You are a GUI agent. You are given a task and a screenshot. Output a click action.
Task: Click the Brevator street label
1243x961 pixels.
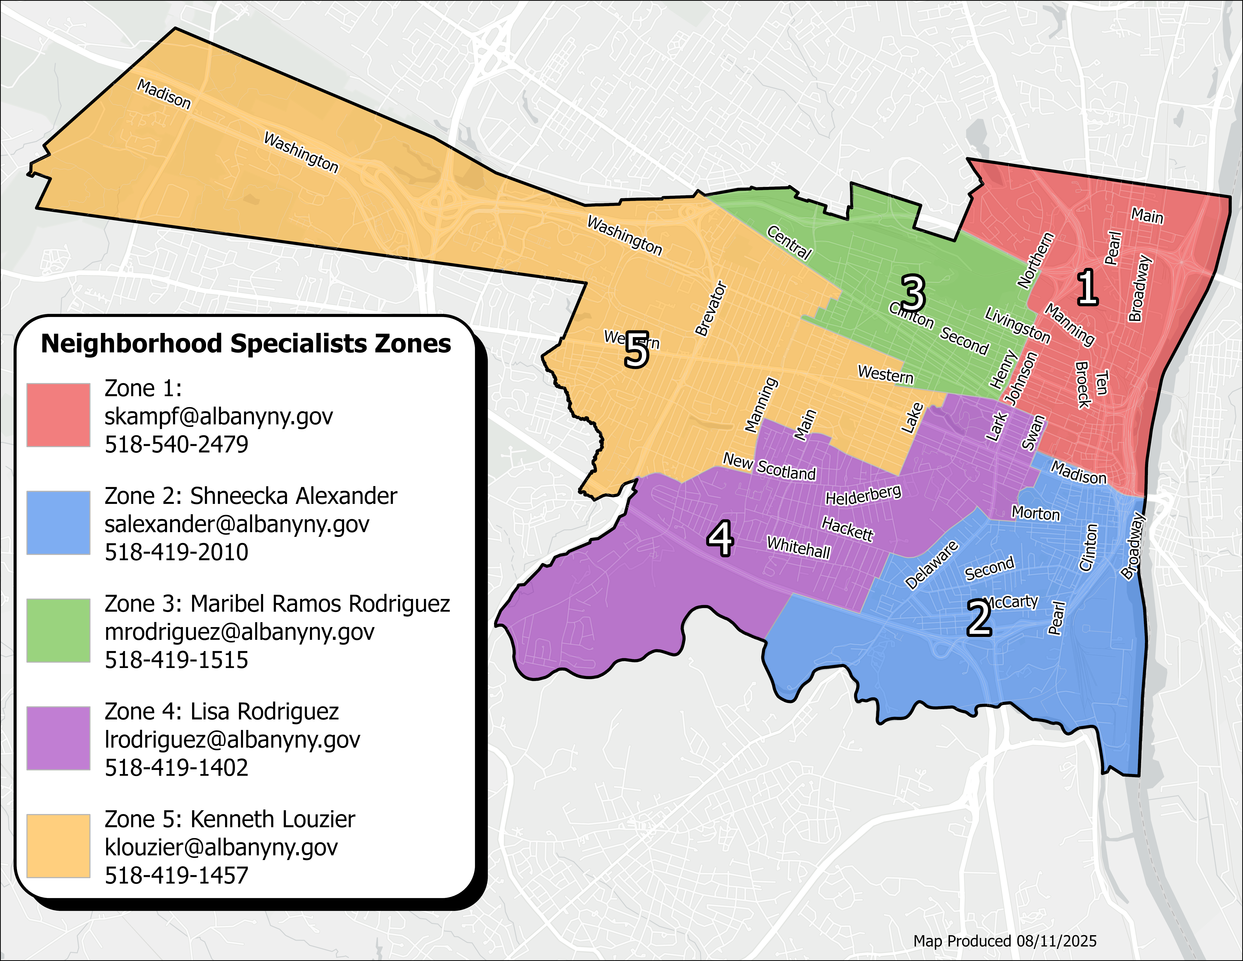click(x=711, y=308)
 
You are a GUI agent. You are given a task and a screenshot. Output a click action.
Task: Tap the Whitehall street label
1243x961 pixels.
click(x=799, y=548)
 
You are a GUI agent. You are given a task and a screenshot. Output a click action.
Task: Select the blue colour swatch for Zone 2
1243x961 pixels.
click(x=58, y=523)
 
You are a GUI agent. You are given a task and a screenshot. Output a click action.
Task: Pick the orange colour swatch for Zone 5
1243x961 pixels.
click(x=58, y=846)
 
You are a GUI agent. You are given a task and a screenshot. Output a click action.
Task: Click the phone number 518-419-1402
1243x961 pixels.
click(x=176, y=767)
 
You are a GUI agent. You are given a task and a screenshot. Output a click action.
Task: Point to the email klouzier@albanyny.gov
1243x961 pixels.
click(x=221, y=847)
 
